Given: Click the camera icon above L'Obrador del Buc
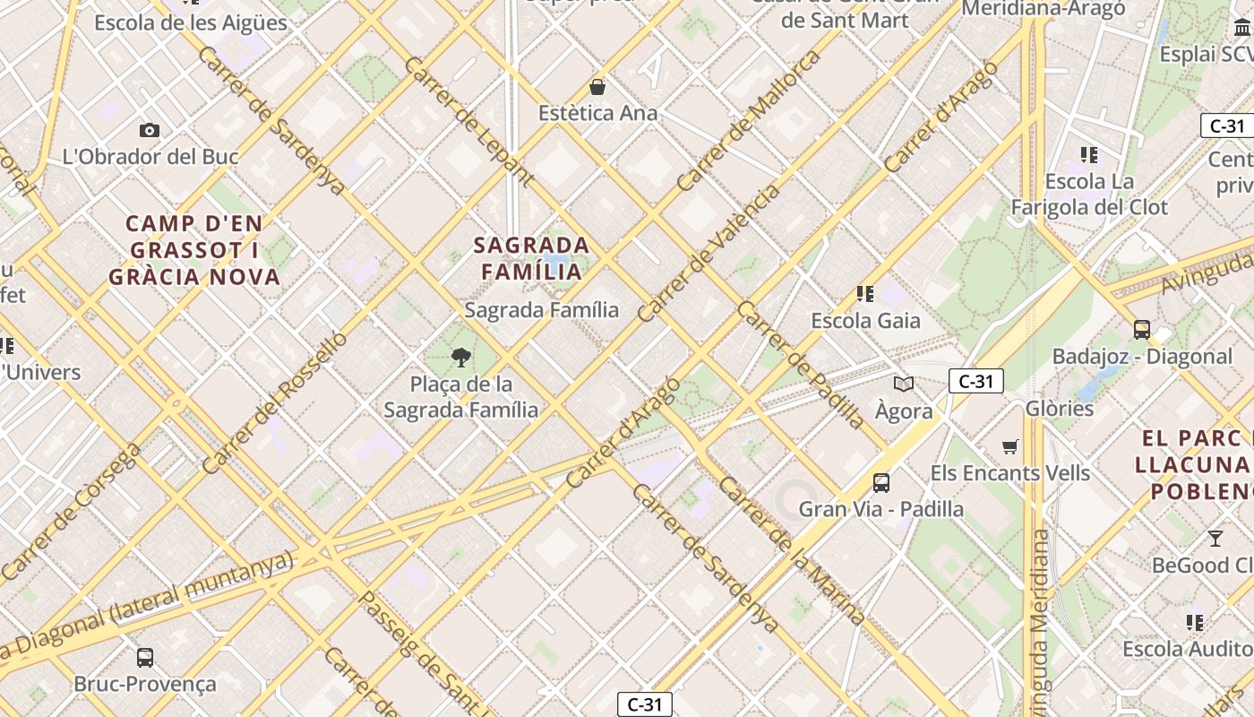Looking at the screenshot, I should point(150,130).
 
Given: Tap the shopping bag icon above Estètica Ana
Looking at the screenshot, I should point(597,87).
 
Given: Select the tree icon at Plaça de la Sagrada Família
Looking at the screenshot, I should point(461,358).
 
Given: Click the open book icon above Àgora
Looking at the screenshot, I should point(904,384).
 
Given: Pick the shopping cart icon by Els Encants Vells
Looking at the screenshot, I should point(1010,446).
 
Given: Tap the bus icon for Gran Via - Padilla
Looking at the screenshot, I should point(881,483).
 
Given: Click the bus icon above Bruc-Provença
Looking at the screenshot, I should point(145,657).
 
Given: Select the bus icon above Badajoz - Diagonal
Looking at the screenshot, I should point(1142,329).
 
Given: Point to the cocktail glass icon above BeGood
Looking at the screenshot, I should point(1215,539).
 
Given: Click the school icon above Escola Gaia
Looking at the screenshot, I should point(865,293).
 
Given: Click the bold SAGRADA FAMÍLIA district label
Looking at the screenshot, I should point(531,257).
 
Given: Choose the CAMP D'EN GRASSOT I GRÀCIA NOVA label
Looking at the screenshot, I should point(194,250).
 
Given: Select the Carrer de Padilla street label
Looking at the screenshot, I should point(801,364).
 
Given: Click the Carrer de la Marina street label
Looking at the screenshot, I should point(792,550).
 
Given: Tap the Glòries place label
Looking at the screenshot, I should point(1060,409).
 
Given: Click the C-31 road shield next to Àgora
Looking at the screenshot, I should point(975,381).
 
